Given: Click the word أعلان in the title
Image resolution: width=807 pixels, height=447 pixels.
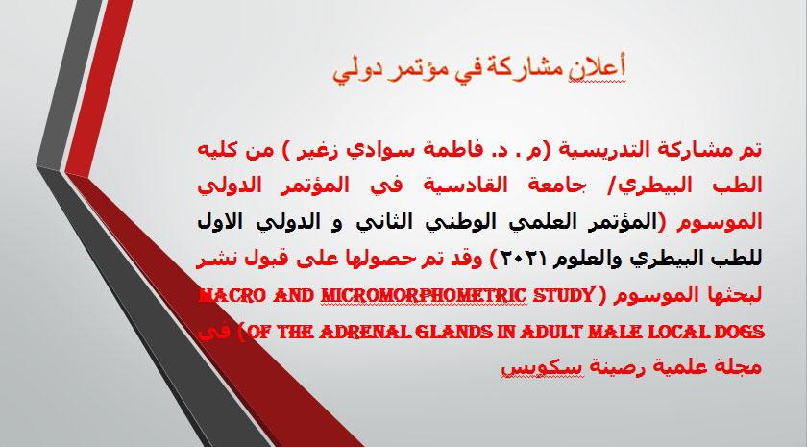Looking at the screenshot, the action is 597,69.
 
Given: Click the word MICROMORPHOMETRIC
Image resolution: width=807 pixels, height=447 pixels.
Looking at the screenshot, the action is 423,296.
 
